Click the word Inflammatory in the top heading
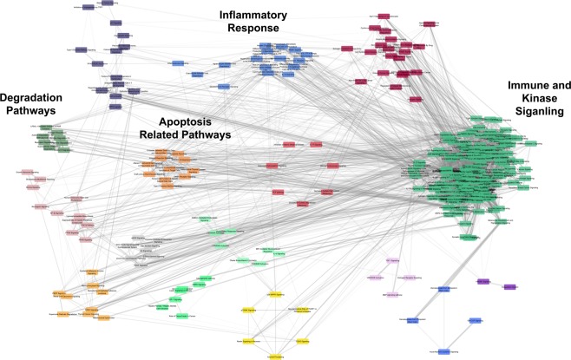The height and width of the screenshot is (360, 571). pyautogui.click(x=248, y=13)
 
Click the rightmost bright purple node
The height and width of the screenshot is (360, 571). pyautogui.click(x=509, y=286)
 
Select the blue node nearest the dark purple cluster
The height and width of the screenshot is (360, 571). pyautogui.click(x=179, y=63)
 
